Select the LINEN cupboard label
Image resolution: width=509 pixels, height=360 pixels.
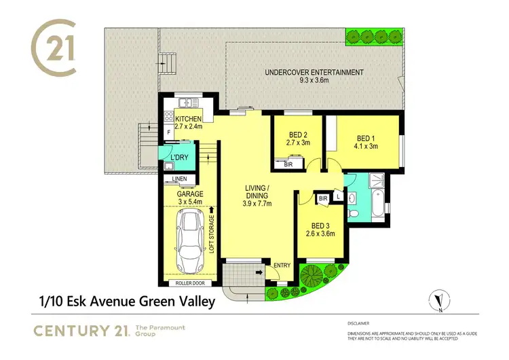coord(179,179)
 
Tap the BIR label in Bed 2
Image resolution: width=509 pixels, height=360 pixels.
coord(288,164)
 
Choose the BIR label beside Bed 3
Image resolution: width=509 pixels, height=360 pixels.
coord(324,198)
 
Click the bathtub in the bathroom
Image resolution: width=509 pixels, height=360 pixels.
coord(377,202)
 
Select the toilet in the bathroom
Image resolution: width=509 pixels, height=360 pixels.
coord(352,213)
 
